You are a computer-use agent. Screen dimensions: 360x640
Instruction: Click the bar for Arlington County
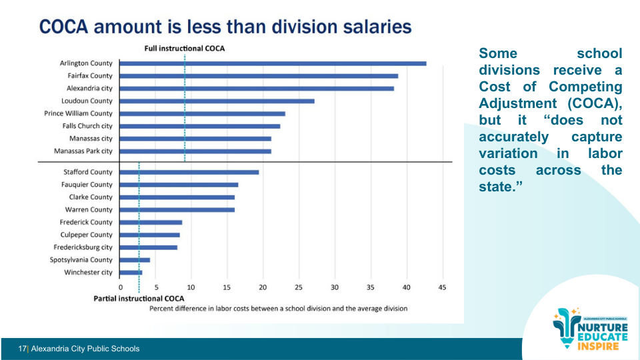pos(273,63)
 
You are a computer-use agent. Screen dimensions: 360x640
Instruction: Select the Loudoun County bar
pos(217,101)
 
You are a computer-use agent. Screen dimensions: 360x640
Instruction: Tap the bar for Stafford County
pos(189,172)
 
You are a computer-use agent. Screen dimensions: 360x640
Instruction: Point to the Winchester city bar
pos(131,272)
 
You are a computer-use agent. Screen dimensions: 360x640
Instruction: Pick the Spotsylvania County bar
pos(135,259)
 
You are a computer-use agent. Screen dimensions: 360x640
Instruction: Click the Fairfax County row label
pos(90,76)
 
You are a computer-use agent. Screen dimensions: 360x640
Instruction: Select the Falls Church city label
pos(87,126)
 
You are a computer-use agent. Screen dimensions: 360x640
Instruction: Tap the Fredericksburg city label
pos(83,247)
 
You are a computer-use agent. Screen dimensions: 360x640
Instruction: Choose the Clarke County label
pos(91,197)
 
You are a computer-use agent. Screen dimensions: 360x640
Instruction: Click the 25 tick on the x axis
pos(299,287)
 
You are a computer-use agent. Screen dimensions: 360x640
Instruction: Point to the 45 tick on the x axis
pos(441,287)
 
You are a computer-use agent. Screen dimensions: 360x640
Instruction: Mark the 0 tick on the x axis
pos(121,287)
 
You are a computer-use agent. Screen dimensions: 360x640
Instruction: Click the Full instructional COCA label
pos(185,48)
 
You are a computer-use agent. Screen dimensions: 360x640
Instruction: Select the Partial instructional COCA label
pos(139,298)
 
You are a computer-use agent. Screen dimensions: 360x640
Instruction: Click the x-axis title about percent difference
pos(278,309)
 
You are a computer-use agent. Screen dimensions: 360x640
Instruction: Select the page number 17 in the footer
pos(22,349)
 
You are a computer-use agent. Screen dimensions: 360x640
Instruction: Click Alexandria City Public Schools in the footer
pos(85,349)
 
